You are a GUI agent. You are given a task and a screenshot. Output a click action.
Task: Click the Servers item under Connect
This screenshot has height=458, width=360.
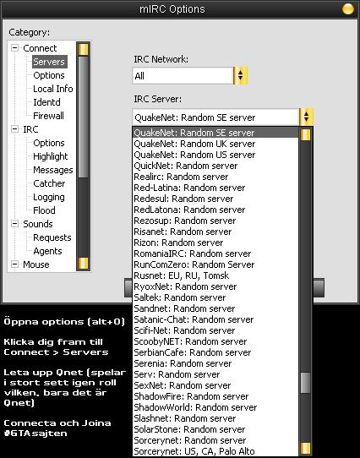(x=49, y=62)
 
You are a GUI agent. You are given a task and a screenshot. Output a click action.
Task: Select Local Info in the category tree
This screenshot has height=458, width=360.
(x=53, y=89)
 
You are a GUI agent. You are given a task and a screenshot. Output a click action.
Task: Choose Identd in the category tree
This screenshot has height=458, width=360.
(x=46, y=102)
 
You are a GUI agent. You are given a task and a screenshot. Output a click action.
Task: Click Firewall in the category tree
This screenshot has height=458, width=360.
(x=48, y=116)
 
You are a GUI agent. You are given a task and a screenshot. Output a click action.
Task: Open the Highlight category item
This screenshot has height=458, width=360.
(x=50, y=156)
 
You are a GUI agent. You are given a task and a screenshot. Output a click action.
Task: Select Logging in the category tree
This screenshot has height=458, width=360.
(x=49, y=197)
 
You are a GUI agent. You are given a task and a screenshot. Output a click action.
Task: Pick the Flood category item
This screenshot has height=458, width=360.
(x=44, y=210)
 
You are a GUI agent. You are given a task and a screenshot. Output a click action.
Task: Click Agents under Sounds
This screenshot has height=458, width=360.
(x=47, y=251)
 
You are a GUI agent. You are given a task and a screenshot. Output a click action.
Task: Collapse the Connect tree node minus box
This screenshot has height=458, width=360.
(x=14, y=48)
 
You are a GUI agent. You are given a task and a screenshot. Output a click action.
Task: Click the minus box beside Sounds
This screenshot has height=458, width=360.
(x=14, y=224)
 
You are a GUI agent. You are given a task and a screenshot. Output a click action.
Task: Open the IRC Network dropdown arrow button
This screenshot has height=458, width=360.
(x=241, y=76)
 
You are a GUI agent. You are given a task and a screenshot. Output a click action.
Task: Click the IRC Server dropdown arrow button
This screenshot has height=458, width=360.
(x=306, y=117)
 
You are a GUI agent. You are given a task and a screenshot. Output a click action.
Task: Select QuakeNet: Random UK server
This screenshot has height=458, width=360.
(x=194, y=144)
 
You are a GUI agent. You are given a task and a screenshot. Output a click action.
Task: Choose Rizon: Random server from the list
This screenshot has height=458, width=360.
(x=178, y=243)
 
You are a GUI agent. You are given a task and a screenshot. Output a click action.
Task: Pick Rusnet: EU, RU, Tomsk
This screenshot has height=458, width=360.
(x=181, y=275)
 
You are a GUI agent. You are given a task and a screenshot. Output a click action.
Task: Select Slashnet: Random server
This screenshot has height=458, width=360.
(x=185, y=418)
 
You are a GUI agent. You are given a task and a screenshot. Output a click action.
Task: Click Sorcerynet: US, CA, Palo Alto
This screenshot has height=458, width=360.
(x=194, y=451)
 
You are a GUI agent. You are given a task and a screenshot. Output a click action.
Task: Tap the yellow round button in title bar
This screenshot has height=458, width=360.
(x=347, y=8)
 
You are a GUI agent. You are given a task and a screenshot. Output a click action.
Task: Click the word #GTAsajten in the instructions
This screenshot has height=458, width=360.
(x=35, y=433)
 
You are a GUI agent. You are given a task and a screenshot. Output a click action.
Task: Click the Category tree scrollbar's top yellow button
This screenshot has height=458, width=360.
(x=83, y=49)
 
